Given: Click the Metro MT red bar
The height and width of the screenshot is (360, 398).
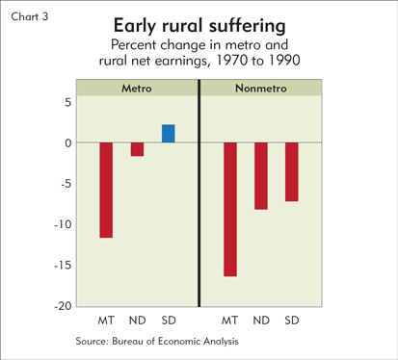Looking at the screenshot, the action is (x=106, y=190).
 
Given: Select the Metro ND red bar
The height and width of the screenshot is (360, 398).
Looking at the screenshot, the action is (x=137, y=149).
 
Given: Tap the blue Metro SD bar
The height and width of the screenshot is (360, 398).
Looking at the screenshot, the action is (x=169, y=134).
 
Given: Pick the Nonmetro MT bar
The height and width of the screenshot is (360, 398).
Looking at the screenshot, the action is (x=230, y=209).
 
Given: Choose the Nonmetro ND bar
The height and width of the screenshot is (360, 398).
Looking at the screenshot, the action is (x=261, y=176).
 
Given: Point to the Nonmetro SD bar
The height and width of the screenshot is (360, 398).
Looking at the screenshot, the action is (x=292, y=171).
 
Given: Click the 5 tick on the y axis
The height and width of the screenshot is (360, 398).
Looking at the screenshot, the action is (x=67, y=103).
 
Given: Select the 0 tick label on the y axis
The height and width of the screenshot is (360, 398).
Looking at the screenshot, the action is (x=67, y=143).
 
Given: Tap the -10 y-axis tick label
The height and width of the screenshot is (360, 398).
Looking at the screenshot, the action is (x=63, y=224).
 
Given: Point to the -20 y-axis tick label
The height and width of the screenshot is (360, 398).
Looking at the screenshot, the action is (x=63, y=306).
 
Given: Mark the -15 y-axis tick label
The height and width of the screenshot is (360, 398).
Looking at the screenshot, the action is (x=63, y=266).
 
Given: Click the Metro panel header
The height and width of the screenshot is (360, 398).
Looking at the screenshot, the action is (x=137, y=88).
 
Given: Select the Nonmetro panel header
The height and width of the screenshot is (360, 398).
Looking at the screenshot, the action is (x=261, y=88).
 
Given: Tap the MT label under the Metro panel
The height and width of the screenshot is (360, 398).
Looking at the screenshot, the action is (x=106, y=321).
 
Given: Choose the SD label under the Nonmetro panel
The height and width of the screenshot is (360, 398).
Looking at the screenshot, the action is (x=292, y=321).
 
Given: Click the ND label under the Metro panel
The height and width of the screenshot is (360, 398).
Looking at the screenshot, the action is (x=137, y=321).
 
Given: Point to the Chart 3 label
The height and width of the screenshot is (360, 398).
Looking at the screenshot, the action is (x=30, y=16).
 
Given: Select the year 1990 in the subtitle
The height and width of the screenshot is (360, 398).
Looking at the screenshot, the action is (x=284, y=60).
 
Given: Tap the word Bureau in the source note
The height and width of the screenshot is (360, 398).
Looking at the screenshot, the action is (x=127, y=341).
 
